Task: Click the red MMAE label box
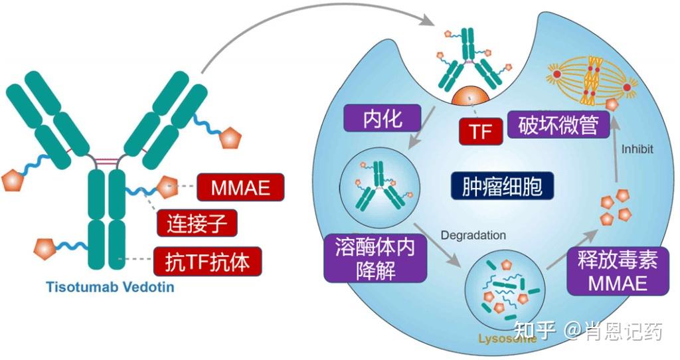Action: click(240, 188)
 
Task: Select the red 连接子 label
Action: click(197, 225)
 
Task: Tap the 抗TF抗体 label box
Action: click(207, 262)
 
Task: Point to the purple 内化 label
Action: click(382, 120)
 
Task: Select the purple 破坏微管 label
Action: click(558, 125)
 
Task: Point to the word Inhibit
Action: click(637, 149)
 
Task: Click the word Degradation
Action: click(473, 235)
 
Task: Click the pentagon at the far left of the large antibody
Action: click(12, 179)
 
